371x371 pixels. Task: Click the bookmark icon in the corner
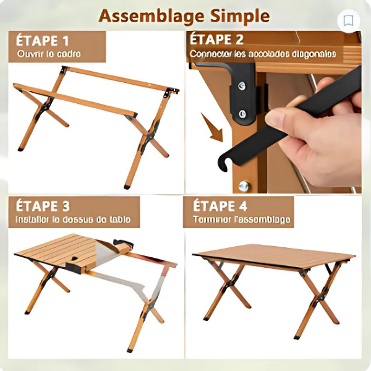pos(349,21)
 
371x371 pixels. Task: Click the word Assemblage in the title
pos(148,15)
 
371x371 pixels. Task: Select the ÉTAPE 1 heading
pos(43,41)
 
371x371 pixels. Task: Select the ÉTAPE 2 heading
pos(217,40)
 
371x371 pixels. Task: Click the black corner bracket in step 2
pos(242,93)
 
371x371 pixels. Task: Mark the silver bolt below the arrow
pos(244,185)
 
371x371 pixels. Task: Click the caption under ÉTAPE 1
pos(49,54)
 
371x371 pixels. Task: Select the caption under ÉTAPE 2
pos(263,54)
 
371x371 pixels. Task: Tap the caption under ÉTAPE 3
pos(74,220)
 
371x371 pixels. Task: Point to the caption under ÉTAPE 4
pos(242,220)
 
